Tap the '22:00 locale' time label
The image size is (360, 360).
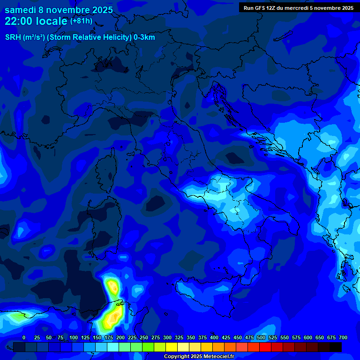click(36, 21)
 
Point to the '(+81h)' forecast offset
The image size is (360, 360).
click(81, 21)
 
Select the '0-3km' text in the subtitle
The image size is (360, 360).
click(144, 37)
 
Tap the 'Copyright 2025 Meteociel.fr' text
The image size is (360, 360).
click(199, 357)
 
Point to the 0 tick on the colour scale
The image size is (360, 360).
click(23, 337)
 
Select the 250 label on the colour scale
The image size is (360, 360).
click(144, 337)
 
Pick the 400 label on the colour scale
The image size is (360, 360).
click(214, 337)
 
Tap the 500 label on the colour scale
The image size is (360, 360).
click(261, 337)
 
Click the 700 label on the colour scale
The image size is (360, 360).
click(343, 337)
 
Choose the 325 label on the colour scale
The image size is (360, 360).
click(179, 337)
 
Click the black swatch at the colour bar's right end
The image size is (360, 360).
click(336, 347)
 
